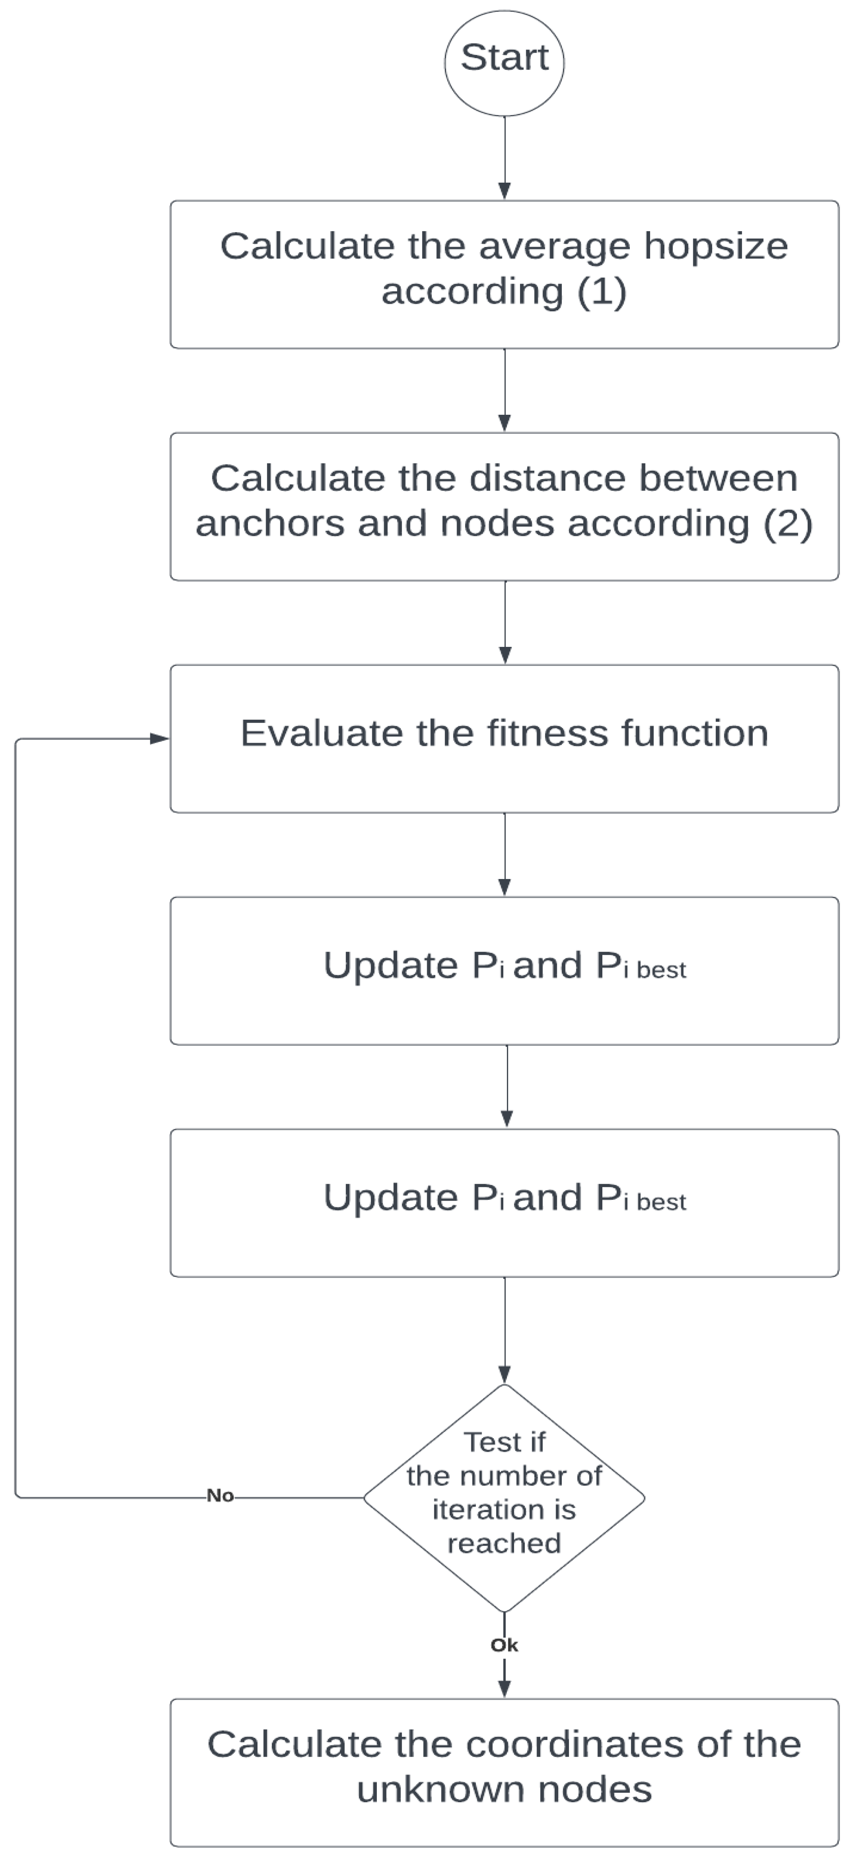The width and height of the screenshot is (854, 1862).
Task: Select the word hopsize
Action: click(716, 247)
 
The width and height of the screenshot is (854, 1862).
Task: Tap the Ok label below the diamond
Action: click(504, 1645)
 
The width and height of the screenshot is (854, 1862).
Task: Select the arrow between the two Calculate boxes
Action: click(505, 390)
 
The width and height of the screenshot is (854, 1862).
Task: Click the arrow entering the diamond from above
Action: click(505, 1330)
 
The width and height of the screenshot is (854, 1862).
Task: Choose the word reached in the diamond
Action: click(504, 1543)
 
